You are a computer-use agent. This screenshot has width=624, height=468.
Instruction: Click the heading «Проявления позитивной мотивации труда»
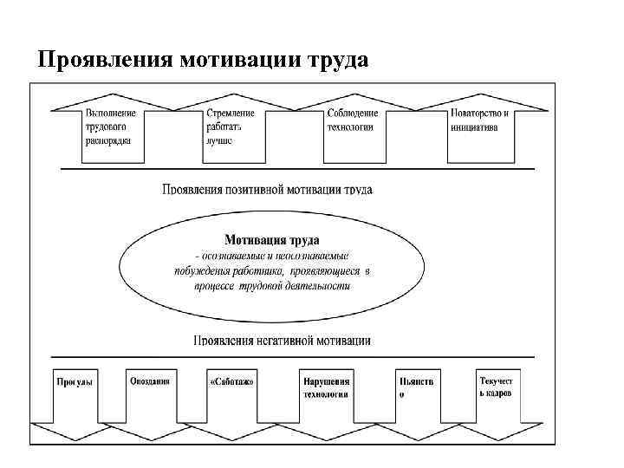coord(267,188)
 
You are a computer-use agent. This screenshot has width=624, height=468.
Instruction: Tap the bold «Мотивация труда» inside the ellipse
coord(272,238)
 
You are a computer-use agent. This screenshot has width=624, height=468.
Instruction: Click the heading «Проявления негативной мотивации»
coord(283,341)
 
